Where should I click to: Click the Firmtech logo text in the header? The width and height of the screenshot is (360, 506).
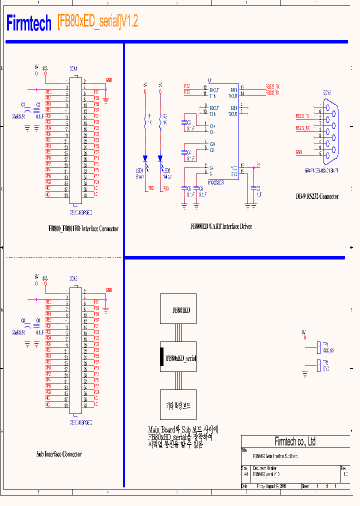tap(29, 23)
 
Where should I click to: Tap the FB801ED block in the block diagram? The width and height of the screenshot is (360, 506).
tap(178, 309)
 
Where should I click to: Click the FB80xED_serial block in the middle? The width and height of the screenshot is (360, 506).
tap(178, 358)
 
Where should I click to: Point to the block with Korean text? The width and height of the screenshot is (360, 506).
tap(178, 405)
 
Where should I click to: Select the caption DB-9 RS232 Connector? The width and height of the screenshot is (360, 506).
tap(316, 196)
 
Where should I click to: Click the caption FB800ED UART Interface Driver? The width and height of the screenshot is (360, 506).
tap(221, 226)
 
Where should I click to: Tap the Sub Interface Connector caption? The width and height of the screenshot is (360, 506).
tap(58, 454)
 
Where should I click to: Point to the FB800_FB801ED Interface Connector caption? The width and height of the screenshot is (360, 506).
tap(83, 228)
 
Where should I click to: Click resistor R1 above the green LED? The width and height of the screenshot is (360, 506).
tap(145, 119)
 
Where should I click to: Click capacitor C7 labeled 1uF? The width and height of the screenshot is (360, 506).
tap(256, 188)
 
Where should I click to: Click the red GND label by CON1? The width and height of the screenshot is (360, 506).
tap(109, 80)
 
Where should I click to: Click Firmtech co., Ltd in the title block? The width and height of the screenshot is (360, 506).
tap(295, 441)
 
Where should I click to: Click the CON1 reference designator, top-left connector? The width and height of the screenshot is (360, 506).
tap(73, 68)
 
